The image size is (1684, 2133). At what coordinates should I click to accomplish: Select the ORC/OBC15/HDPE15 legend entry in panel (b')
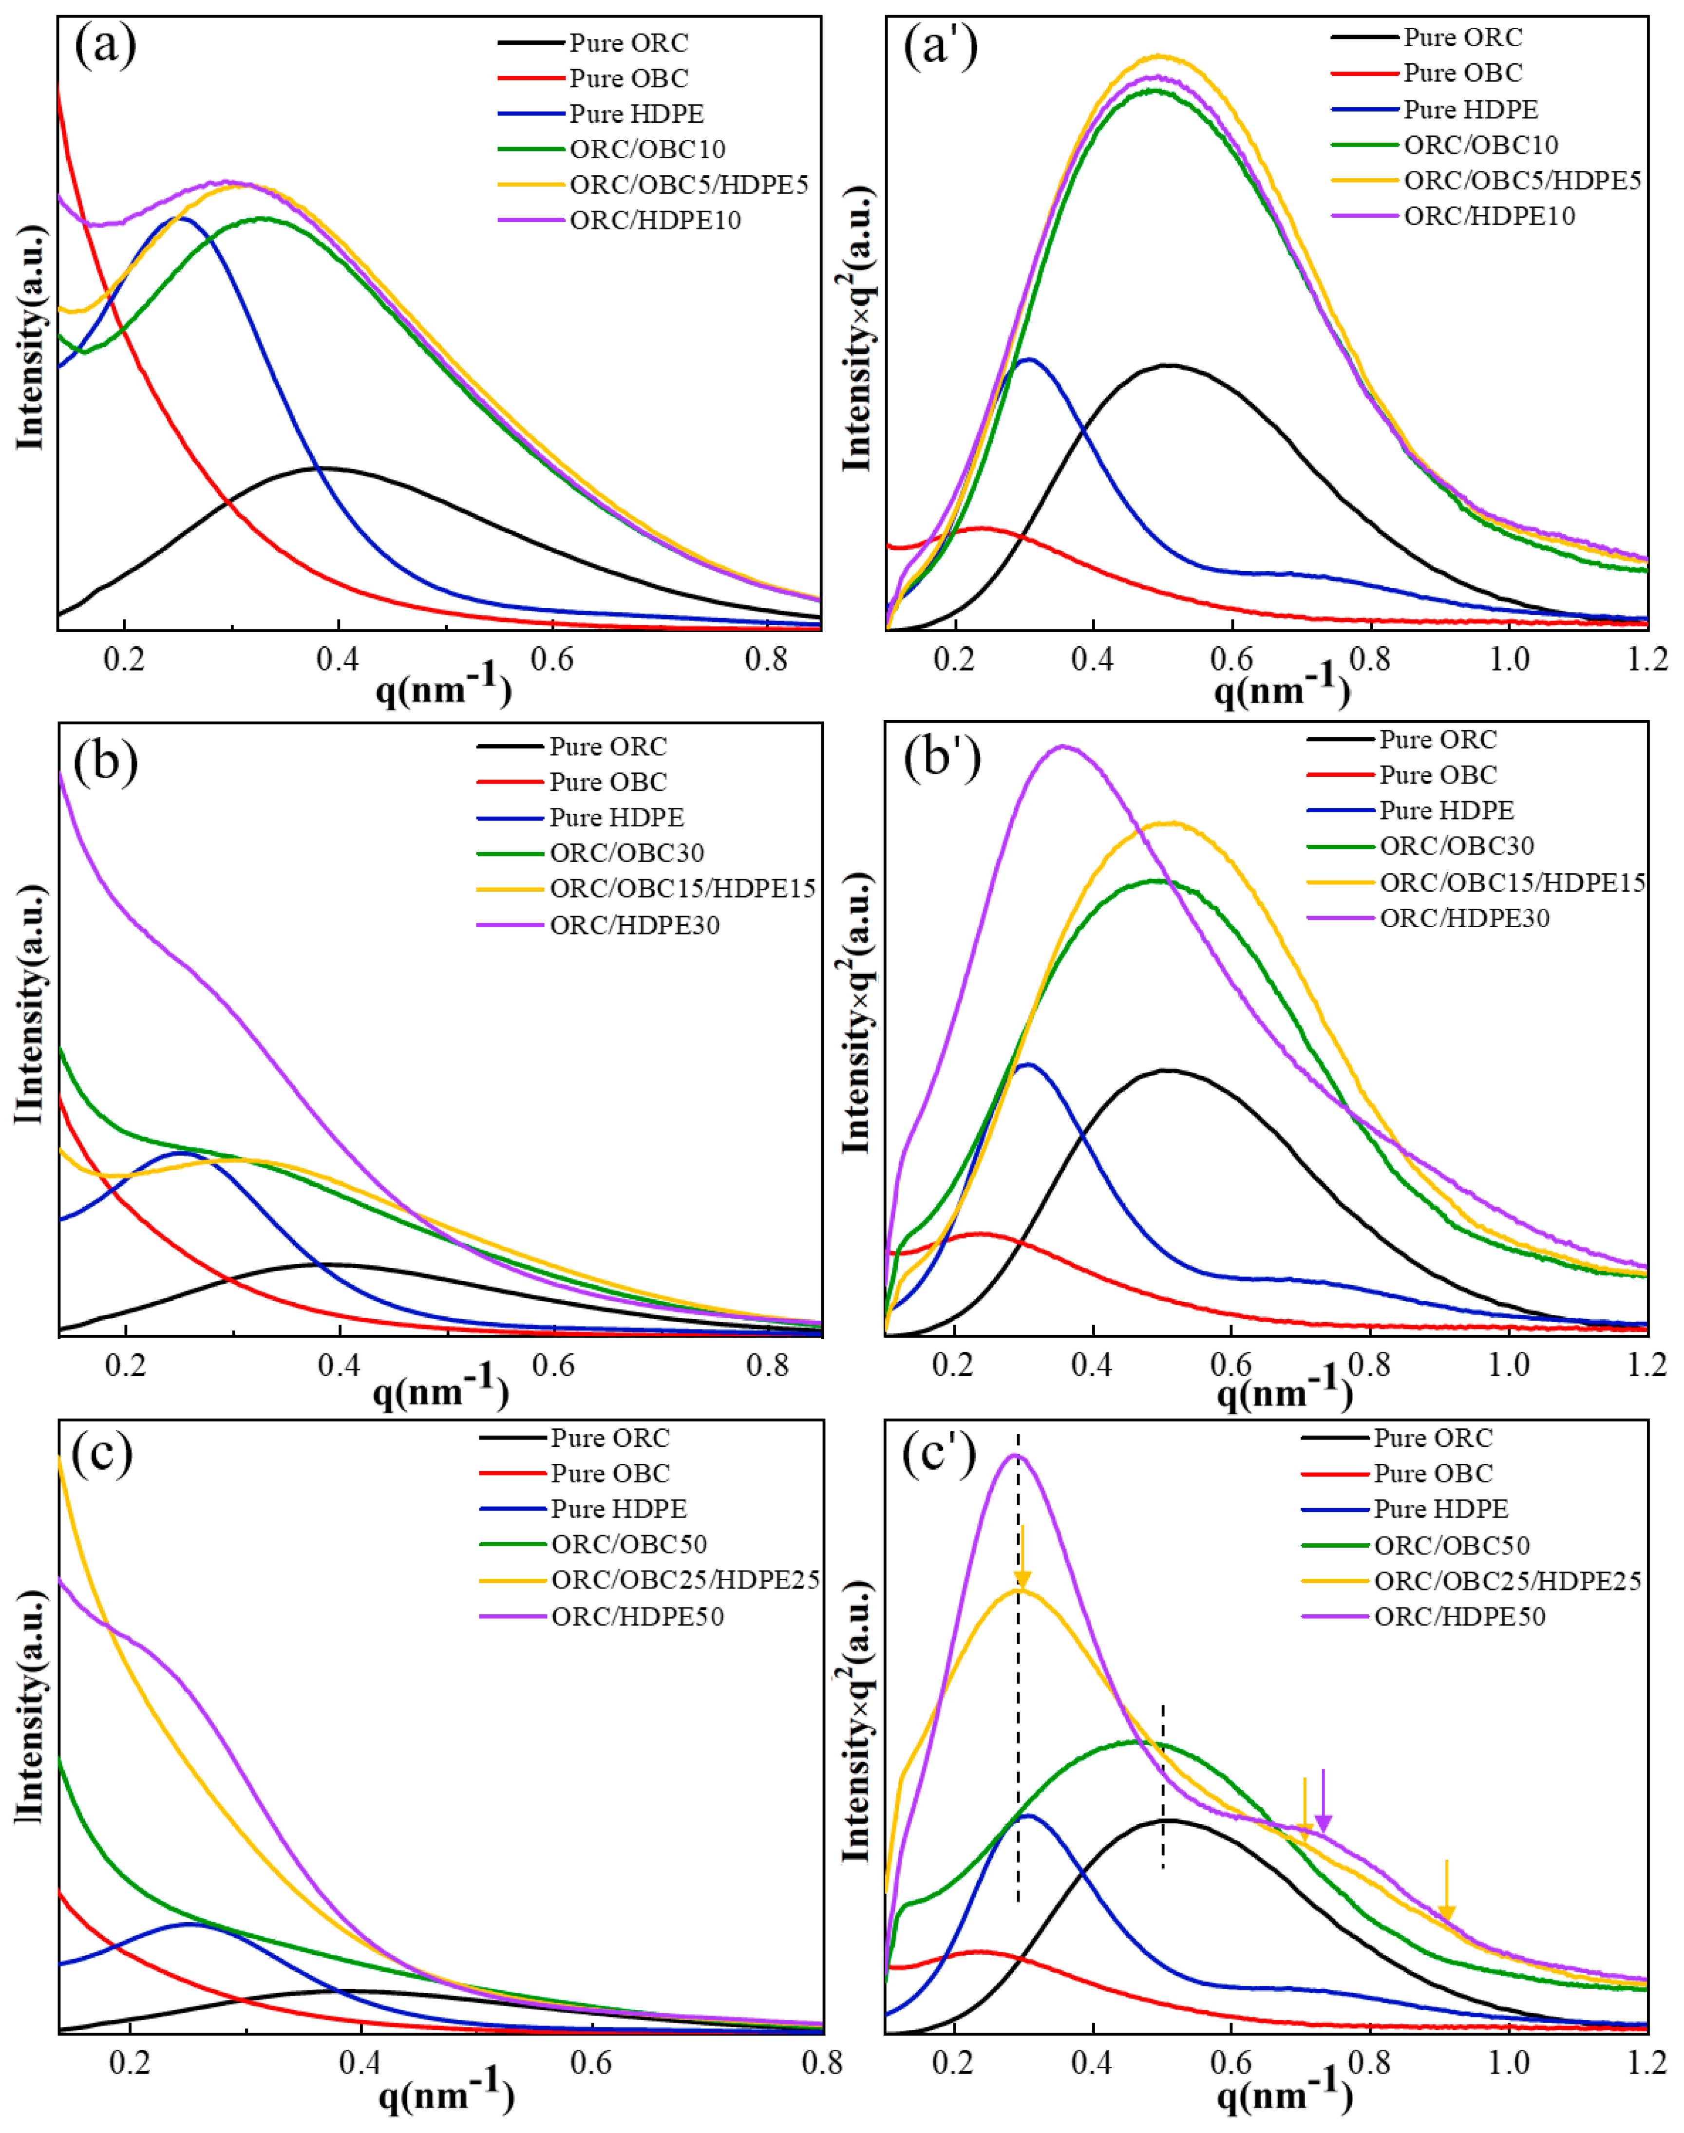[x=1513, y=882]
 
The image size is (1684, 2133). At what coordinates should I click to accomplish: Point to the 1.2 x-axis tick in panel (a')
[x=1646, y=658]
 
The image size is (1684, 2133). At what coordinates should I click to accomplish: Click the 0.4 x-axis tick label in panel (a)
[x=337, y=658]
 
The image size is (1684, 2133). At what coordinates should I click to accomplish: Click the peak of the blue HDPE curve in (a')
[x=1028, y=360]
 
